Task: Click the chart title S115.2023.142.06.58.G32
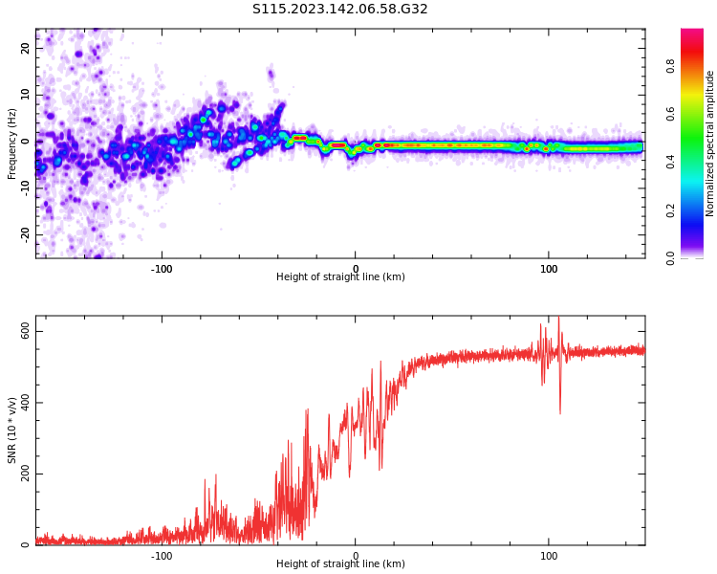[340, 10]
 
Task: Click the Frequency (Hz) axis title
[12, 143]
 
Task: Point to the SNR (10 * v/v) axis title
[12, 430]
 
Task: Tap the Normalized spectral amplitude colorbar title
[710, 143]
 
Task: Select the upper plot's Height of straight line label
[340, 277]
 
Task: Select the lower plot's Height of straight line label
[340, 563]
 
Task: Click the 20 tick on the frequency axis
[25, 48]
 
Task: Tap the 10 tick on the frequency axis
[25, 95]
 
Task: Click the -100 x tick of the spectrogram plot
[162, 269]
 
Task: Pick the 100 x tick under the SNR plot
[549, 556]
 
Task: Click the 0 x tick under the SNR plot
[356, 556]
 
